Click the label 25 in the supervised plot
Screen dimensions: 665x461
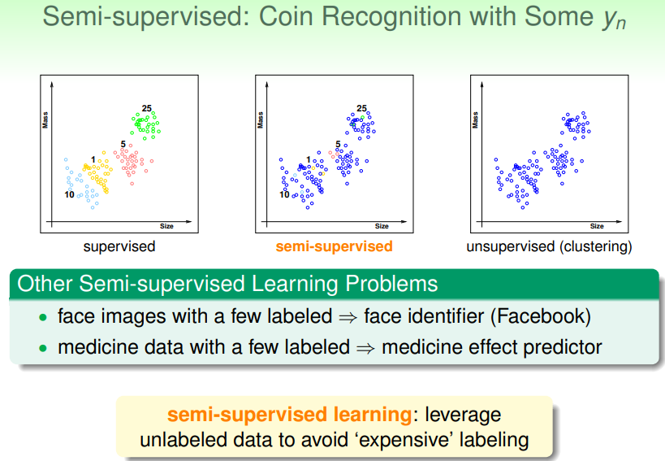[147, 108]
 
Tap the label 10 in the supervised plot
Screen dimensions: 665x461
[70, 195]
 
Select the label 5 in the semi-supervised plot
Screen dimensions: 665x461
[338, 145]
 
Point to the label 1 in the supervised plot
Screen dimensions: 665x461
[93, 159]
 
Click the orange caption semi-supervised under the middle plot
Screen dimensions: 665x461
[335, 246]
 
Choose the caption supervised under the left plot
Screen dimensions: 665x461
[119, 246]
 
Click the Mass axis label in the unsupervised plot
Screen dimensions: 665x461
[476, 120]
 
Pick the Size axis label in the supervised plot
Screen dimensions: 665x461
[166, 226]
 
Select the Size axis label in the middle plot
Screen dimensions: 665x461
[382, 226]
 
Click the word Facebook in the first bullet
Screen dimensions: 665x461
[540, 316]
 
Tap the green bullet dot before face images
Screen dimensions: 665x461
[43, 318]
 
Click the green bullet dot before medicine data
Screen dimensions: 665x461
[43, 349]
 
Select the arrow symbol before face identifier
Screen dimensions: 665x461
[348, 318]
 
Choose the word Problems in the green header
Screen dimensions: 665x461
[391, 284]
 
